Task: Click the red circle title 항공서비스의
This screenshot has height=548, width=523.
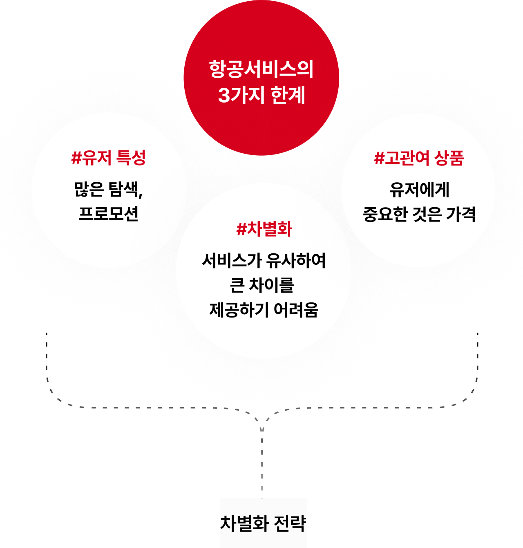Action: click(x=261, y=69)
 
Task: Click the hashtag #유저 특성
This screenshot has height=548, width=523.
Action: click(x=109, y=158)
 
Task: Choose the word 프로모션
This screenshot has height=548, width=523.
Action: click(x=109, y=213)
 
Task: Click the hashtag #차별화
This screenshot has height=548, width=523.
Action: click(x=264, y=229)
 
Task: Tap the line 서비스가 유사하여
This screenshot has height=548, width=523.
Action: click(x=264, y=261)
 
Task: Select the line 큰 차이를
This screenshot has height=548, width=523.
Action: click(x=262, y=285)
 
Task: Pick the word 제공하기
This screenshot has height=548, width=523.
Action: click(x=238, y=310)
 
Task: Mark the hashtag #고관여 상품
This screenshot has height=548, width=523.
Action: click(x=419, y=158)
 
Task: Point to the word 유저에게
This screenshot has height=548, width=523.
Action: click(x=419, y=190)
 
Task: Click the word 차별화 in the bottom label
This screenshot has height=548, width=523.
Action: click(x=244, y=523)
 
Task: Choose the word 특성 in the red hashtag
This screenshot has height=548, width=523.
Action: click(x=131, y=158)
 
